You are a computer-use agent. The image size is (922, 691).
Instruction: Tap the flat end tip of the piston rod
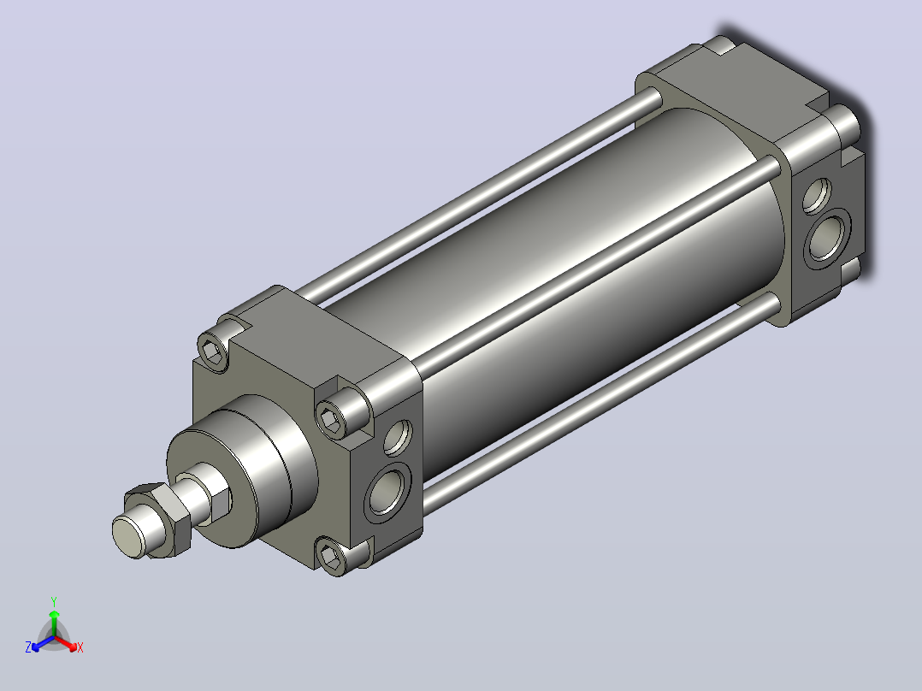pos(128,535)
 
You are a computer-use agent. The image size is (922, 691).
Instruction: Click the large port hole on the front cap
pos(387,493)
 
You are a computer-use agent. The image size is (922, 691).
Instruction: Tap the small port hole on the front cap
pos(398,438)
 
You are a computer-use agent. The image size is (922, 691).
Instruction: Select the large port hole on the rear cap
pos(827,238)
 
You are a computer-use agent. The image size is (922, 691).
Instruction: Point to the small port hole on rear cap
pos(817,196)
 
